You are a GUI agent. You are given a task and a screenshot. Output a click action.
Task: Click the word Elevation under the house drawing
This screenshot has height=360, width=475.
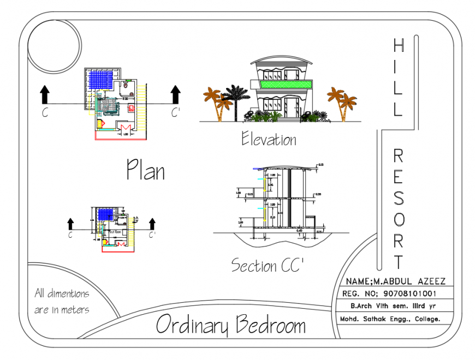pos(269,140)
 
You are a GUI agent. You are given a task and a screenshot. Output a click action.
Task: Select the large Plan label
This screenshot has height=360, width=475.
pos(145,170)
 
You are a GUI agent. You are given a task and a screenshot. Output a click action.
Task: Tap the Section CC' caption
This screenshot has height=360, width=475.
pos(267,266)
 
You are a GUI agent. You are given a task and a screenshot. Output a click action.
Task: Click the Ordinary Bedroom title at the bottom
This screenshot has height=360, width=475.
pos(230,325)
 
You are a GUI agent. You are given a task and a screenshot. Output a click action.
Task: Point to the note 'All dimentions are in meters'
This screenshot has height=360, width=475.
pos(62,302)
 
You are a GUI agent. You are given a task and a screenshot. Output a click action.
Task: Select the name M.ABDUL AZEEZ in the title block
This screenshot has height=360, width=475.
pos(395,281)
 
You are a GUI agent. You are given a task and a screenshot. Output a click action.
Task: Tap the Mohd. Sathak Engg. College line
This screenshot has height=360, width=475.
pos(390,319)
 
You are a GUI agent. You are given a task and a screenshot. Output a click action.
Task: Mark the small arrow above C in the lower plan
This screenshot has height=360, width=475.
pos(70,223)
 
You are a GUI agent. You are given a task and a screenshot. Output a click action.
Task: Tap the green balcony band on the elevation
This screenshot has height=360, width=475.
pos(286,84)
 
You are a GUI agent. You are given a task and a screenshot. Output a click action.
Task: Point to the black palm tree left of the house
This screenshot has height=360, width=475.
pos(237,100)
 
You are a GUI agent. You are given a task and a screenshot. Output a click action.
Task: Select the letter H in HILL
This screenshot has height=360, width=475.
pos(398,46)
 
